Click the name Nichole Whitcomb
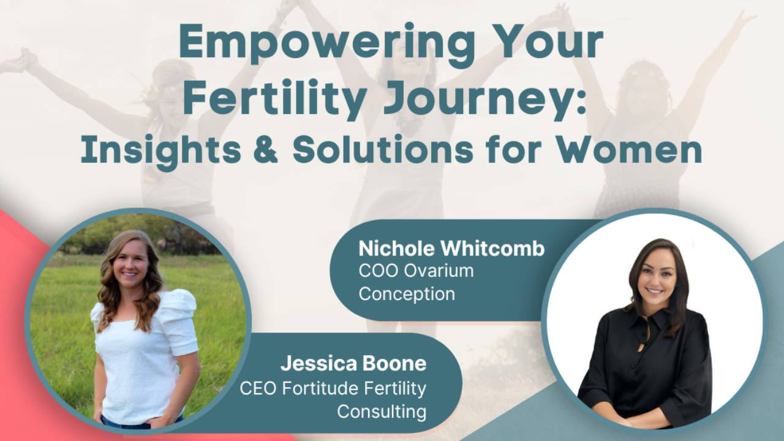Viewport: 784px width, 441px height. coord(451,249)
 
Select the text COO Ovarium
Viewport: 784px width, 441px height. coord(416,271)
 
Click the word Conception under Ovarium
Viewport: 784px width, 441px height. coord(407,293)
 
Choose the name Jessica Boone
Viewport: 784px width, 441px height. coord(353,363)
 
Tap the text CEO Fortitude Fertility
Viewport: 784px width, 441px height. coord(333,388)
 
